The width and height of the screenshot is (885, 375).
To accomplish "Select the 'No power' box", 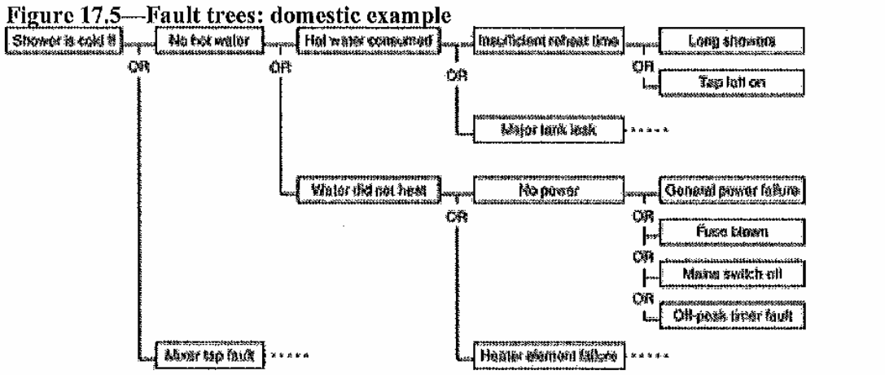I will (x=541, y=191).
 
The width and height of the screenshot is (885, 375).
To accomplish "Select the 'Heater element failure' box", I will (x=541, y=355).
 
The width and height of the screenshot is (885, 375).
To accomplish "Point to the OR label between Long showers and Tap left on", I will (x=640, y=66).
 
